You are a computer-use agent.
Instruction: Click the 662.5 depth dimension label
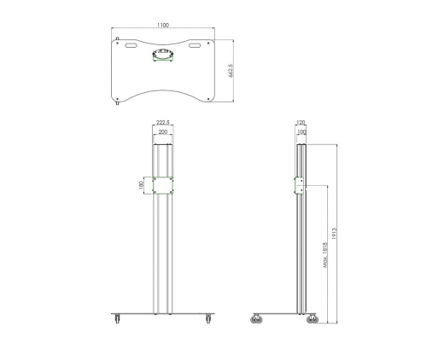(x=231, y=72)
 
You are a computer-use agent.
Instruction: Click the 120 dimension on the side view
(x=301, y=124)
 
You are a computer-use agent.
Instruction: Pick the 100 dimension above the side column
(x=301, y=133)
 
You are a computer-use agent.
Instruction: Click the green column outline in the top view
(x=163, y=57)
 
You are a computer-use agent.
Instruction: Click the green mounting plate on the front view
(x=163, y=186)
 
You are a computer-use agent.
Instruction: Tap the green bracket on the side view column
(x=299, y=186)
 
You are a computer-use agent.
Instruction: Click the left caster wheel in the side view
(x=256, y=320)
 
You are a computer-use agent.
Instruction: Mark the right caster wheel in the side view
(x=312, y=320)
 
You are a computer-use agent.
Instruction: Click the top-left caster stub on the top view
(x=117, y=37)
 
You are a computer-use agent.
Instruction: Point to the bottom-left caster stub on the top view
(x=117, y=103)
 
